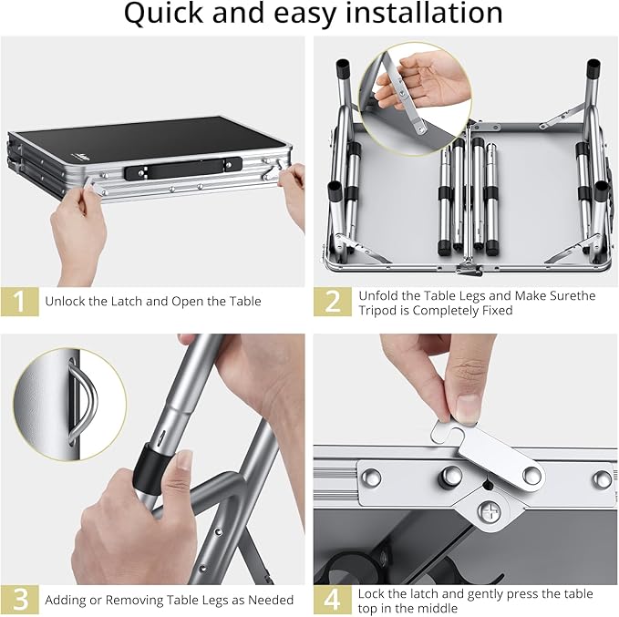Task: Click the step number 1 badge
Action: tap(19, 302)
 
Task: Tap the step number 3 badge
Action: tap(19, 600)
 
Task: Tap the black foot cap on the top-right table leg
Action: tap(593, 68)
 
